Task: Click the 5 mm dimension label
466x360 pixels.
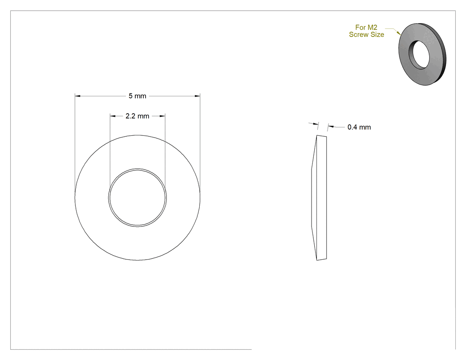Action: (x=137, y=96)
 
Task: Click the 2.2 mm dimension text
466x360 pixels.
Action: (x=137, y=116)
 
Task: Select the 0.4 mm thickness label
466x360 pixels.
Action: (x=359, y=127)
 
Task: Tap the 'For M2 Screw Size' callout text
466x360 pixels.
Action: (x=367, y=31)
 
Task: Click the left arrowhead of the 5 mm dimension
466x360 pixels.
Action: (x=78, y=96)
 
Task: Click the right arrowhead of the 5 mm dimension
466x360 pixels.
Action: (x=197, y=96)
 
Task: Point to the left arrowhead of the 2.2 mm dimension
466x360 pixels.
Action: (x=113, y=116)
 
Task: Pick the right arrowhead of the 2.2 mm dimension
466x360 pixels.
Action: (x=162, y=116)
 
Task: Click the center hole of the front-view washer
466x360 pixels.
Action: (x=137, y=198)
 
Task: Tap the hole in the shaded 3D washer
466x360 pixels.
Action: (x=419, y=55)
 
